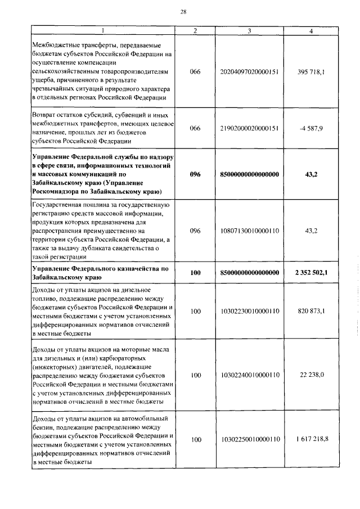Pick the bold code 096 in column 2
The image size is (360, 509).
point(195,174)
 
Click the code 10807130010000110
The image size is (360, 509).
point(250,231)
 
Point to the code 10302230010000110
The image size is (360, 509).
point(250,311)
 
